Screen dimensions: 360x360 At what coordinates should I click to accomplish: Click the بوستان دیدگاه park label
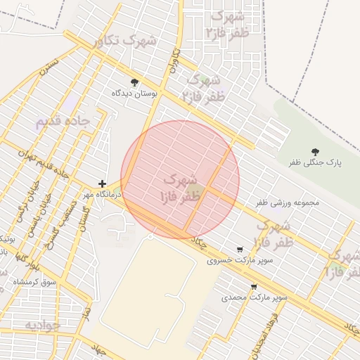tap(135, 93)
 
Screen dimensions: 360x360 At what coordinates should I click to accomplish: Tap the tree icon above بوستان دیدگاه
tap(135, 82)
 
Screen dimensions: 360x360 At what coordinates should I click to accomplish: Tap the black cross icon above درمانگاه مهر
tap(103, 183)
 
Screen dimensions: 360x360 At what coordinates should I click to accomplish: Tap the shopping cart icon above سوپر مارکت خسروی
tap(240, 250)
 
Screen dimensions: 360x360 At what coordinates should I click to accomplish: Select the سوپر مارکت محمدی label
tap(255, 297)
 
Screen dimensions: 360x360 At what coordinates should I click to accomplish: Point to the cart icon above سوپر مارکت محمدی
tap(254, 287)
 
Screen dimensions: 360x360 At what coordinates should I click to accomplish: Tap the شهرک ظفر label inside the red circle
tap(180, 187)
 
